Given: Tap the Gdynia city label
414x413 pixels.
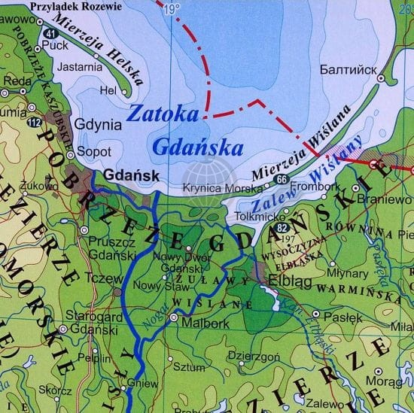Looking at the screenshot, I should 99,125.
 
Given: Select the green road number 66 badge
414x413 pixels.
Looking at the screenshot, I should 281,179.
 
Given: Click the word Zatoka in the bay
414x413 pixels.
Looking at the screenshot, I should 165,114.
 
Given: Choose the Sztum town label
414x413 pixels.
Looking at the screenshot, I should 189,369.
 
